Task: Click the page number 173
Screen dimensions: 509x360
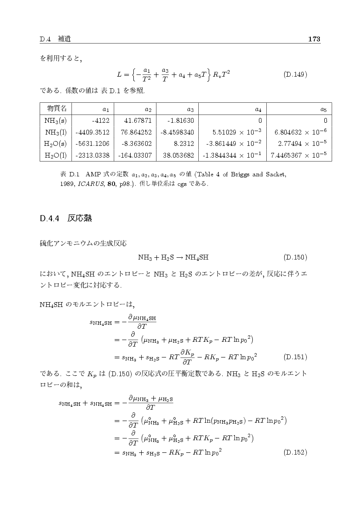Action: pyautogui.click(x=314, y=40)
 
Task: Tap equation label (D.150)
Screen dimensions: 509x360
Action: pyautogui.click(x=295, y=257)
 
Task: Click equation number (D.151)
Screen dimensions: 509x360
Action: pyautogui.click(x=295, y=357)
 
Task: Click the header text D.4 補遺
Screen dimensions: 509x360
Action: pyautogui.click(x=55, y=40)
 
